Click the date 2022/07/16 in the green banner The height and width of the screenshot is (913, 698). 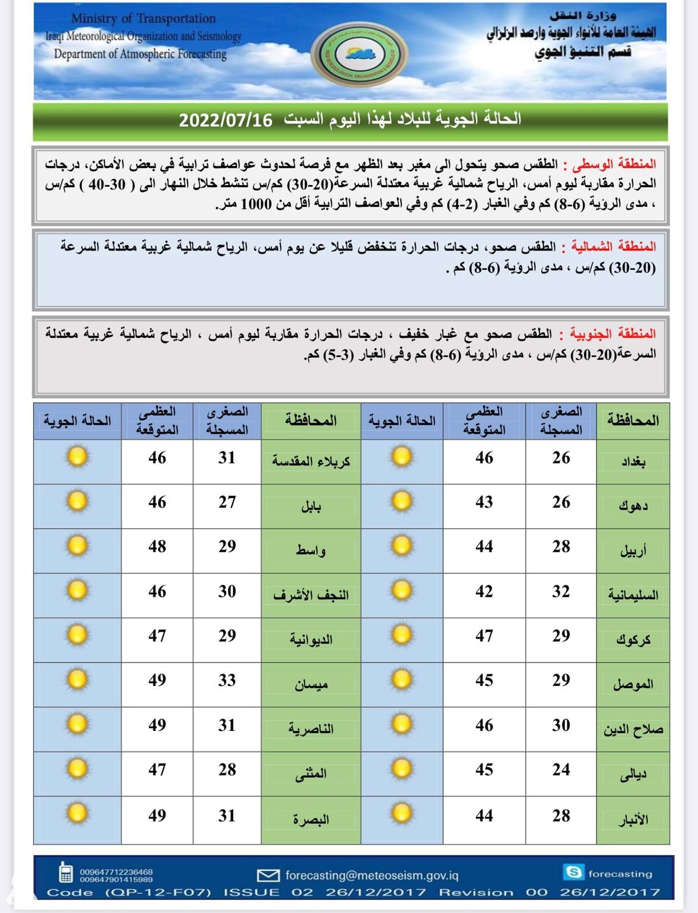pos(226,120)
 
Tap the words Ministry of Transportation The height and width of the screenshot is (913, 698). pos(143,19)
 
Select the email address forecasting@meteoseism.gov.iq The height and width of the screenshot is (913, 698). pos(372,875)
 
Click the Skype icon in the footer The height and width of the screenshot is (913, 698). pos(573,872)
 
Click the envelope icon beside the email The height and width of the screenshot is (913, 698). pos(268,875)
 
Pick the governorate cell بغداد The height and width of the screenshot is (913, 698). pos(633,462)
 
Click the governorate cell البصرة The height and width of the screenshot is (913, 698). pos(311,819)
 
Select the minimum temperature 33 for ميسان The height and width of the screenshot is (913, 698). pos(227,680)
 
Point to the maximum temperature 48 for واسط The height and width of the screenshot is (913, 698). pos(157,547)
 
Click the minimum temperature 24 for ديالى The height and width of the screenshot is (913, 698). pos(561,770)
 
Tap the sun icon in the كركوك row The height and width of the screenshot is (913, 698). pos(402,635)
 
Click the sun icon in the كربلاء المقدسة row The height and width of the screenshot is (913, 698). pos(78,457)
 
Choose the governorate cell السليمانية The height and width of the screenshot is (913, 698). pos(633,595)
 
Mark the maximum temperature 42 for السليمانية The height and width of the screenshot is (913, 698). pos(484,592)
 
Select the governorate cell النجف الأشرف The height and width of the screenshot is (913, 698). pos(311,595)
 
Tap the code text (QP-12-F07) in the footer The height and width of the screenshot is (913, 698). pos(158,892)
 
